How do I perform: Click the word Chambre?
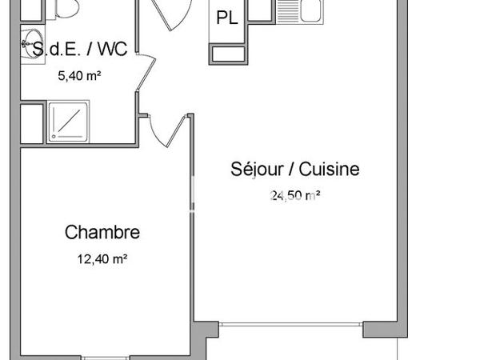point(102,233)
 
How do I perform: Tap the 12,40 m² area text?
point(102,258)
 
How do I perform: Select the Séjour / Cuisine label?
point(295,169)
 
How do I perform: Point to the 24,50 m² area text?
point(295,194)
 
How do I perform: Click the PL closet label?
point(228,18)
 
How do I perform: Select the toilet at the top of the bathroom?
point(62,10)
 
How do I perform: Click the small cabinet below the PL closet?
point(228,54)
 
